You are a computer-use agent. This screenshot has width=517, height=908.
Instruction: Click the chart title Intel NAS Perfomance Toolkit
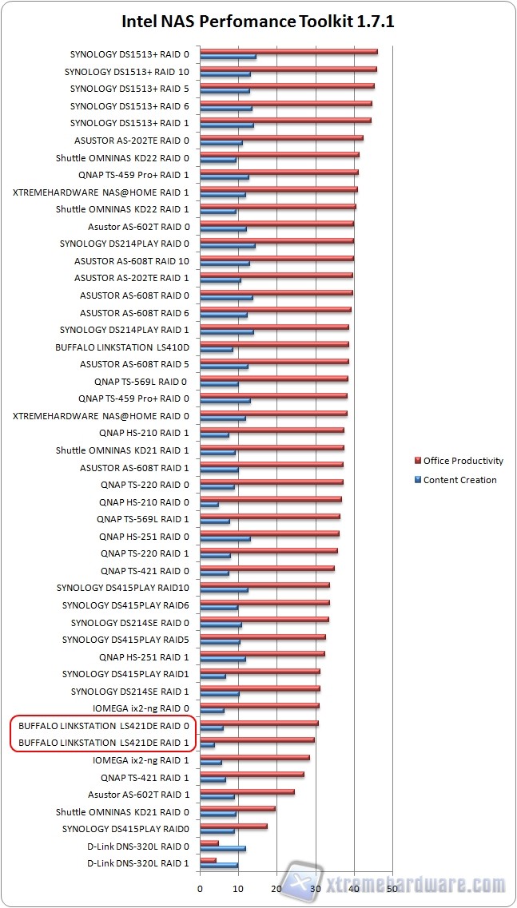click(257, 22)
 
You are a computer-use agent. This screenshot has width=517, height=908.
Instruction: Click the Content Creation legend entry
click(459, 480)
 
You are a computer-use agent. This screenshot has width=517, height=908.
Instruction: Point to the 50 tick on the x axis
click(392, 888)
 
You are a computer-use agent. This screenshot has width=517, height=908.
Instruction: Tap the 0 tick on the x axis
click(200, 888)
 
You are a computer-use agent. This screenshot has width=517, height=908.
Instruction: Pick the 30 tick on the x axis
click(315, 888)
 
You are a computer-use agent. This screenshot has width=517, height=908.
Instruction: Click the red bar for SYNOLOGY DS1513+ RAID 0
click(288, 52)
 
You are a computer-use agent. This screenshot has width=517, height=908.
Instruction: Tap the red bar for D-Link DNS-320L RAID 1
click(208, 860)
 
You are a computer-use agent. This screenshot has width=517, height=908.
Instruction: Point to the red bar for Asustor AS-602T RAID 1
click(247, 791)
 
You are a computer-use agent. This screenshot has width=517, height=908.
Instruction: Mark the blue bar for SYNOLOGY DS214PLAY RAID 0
click(228, 245)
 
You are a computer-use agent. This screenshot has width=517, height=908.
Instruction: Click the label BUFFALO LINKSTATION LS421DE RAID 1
click(103, 743)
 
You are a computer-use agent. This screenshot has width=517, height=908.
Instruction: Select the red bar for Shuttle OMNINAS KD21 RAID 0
click(237, 809)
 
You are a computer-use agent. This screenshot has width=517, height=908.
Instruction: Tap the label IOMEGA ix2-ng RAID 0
click(141, 708)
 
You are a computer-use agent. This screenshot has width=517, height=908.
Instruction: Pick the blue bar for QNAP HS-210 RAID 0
click(209, 505)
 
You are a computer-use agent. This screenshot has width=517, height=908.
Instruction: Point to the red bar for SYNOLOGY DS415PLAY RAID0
click(233, 826)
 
